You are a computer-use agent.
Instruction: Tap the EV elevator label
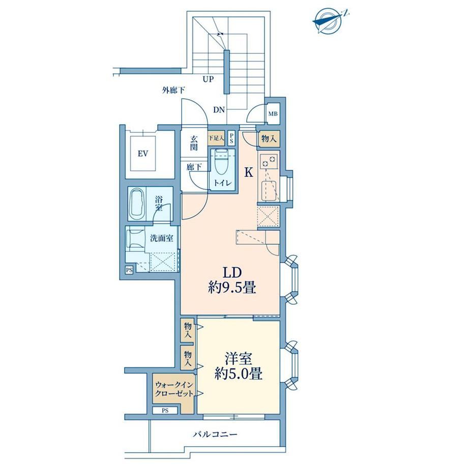coord(143,154)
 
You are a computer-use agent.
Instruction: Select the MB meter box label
coord(273,114)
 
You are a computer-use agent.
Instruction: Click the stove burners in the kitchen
coord(268,161)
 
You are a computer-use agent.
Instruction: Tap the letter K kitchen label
coord(249,172)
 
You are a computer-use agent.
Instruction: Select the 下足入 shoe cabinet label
coord(216,138)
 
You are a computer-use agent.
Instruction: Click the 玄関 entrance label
coord(194,143)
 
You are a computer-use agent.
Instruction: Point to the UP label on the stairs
coord(209,79)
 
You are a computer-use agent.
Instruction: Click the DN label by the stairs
coord(219,110)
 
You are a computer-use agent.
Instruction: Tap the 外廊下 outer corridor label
coord(173,90)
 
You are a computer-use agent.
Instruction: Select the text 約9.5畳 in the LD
coord(232,288)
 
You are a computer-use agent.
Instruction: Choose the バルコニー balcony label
coord(215,434)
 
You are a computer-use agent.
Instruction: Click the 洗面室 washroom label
coord(161,239)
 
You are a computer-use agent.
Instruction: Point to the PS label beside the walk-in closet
coord(165,411)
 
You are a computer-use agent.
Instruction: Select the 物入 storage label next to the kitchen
coord(269,139)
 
